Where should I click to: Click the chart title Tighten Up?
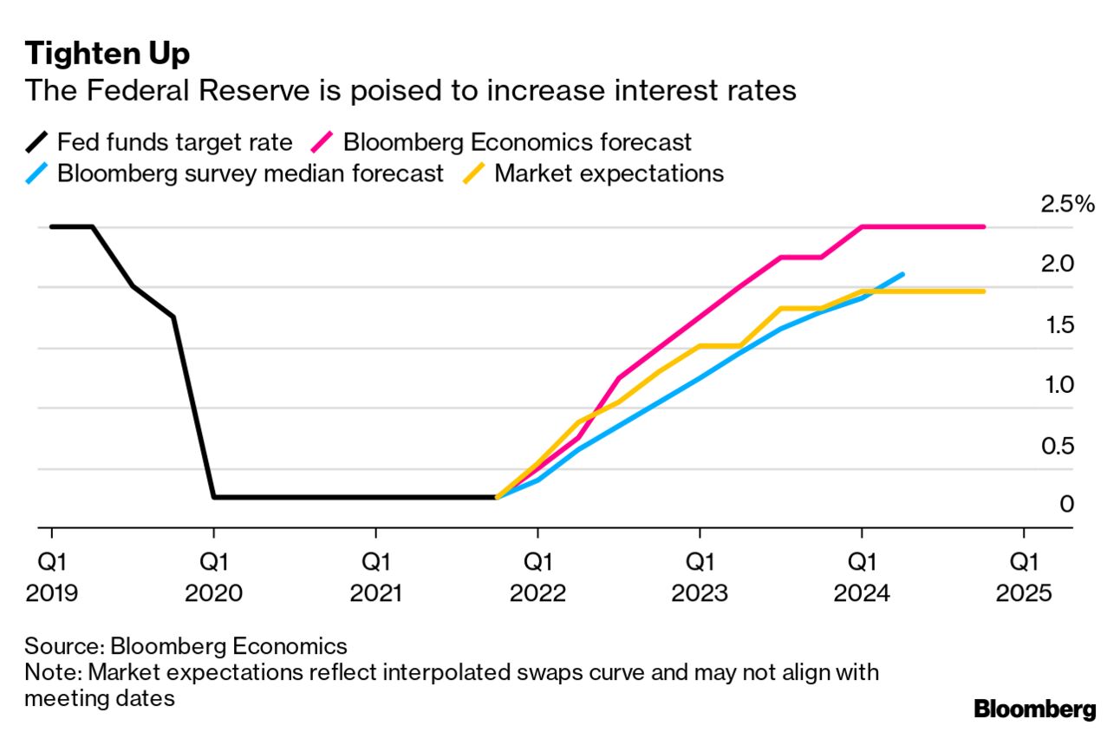[x=107, y=54]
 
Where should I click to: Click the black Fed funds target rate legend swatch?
[x=38, y=141]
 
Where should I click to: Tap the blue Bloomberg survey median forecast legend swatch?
[x=38, y=173]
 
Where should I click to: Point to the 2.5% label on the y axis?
[x=1066, y=206]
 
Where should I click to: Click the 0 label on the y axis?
[x=1067, y=504]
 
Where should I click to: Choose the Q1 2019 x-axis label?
[x=52, y=578]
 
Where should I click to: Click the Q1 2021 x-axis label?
[x=375, y=578]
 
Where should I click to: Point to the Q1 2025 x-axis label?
[x=1024, y=578]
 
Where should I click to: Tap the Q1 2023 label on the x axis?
[x=700, y=578]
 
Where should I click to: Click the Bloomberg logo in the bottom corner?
[x=1034, y=709]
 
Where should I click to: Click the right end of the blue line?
[x=902, y=274]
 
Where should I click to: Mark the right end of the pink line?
[x=983, y=226]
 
